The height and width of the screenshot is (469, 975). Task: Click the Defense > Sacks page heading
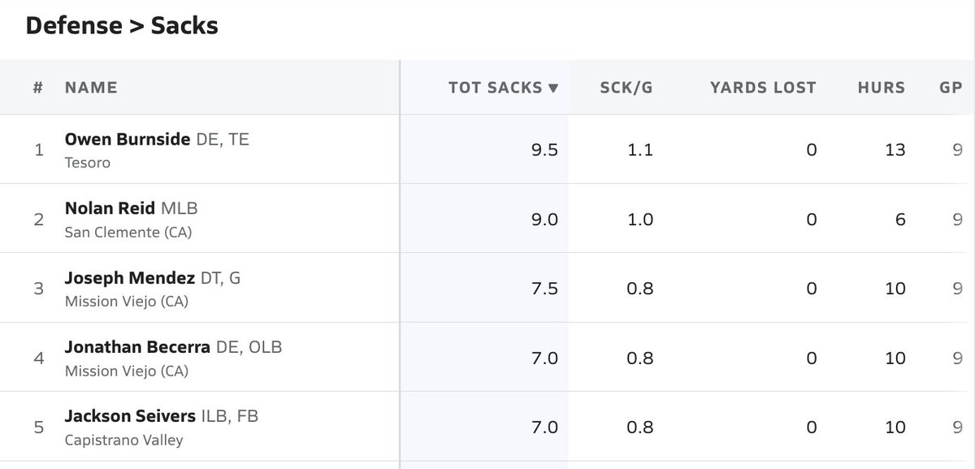click(122, 25)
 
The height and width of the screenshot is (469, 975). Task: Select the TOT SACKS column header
click(496, 88)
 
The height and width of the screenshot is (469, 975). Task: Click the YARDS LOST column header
click(762, 88)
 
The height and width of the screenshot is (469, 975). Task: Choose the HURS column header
click(881, 88)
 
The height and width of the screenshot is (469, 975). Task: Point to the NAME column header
click(91, 88)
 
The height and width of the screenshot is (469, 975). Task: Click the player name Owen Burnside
click(128, 139)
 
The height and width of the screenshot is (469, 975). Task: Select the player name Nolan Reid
click(110, 208)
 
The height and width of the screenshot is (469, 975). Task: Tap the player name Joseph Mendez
click(129, 278)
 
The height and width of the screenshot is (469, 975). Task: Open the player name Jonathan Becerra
click(138, 347)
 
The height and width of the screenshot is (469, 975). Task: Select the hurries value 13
click(895, 150)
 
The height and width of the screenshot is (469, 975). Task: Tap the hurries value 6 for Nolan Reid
click(900, 219)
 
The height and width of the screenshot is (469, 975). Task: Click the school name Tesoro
click(87, 163)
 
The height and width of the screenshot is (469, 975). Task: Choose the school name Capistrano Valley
click(123, 441)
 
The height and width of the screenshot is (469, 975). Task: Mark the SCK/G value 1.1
click(640, 150)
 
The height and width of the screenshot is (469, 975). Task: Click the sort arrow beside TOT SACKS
click(553, 89)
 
